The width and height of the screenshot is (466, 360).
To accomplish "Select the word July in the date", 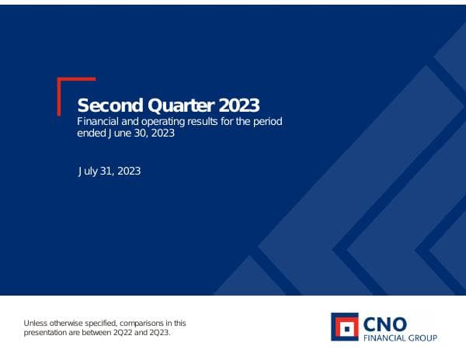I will tap(89, 171).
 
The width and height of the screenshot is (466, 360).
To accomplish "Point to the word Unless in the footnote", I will tap(36, 323).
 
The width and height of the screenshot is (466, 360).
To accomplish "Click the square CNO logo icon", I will tap(345, 327).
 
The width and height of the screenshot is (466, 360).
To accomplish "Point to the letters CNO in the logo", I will tap(387, 323).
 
